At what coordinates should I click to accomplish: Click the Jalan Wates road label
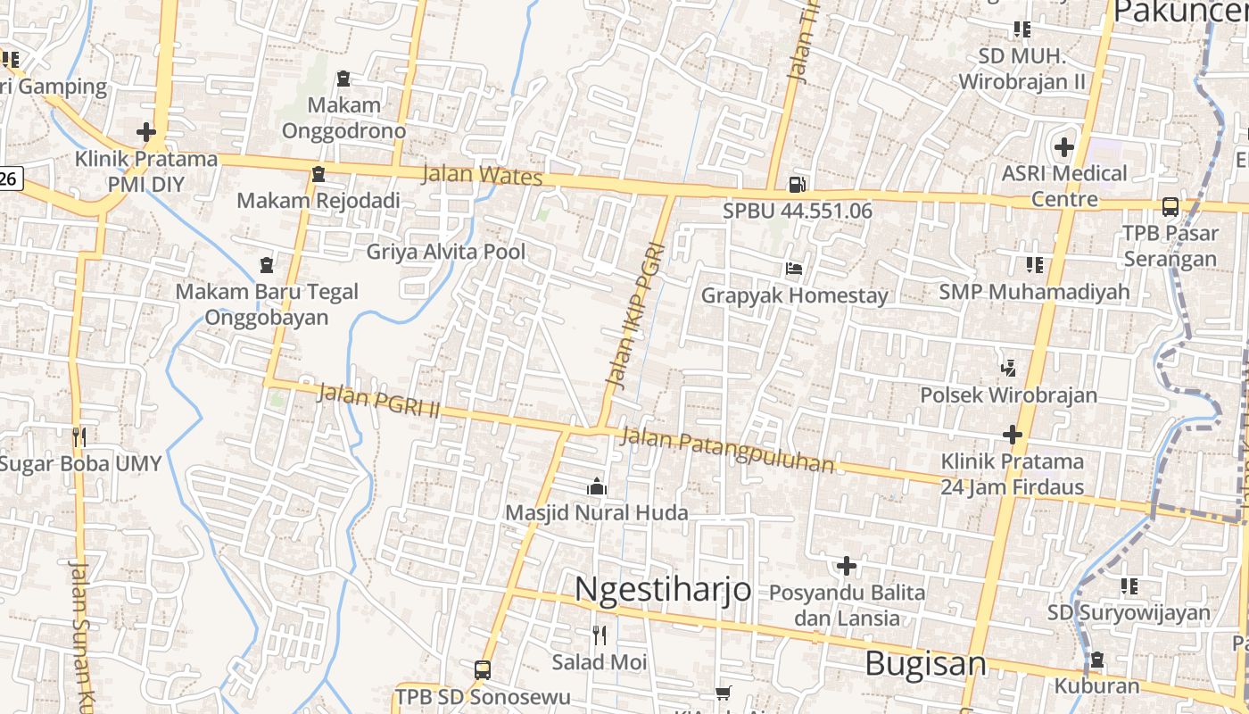[482, 175]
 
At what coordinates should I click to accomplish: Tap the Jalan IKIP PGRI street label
[635, 316]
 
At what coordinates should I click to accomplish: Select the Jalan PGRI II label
[378, 401]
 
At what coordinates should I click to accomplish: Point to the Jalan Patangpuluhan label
[728, 450]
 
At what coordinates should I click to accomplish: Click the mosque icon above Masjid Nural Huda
[597, 486]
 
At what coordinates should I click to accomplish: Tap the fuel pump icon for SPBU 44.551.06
[797, 185]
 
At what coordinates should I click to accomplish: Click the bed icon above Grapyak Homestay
[794, 269]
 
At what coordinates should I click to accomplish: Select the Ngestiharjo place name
[662, 590]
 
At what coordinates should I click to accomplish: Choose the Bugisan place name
[926, 664]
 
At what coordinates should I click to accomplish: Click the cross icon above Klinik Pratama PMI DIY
[146, 133]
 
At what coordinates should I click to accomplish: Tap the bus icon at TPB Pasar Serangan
[1170, 207]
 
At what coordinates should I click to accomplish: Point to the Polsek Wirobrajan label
[1008, 394]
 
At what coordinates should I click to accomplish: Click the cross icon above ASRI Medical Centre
[1064, 146]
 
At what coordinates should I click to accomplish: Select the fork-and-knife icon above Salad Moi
[600, 635]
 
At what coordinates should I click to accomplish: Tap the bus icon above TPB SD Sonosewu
[482, 669]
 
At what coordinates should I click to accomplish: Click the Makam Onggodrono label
[343, 118]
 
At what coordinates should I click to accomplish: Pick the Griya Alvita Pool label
[446, 252]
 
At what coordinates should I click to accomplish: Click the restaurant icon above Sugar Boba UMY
[80, 437]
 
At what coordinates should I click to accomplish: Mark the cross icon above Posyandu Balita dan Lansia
[846, 566]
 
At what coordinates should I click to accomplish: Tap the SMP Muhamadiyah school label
[1034, 292]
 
